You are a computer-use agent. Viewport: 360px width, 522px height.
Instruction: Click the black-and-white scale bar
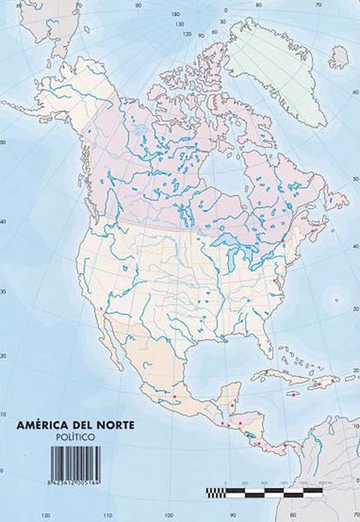point(270,492)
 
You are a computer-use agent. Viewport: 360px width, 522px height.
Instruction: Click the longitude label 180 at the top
point(175,15)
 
